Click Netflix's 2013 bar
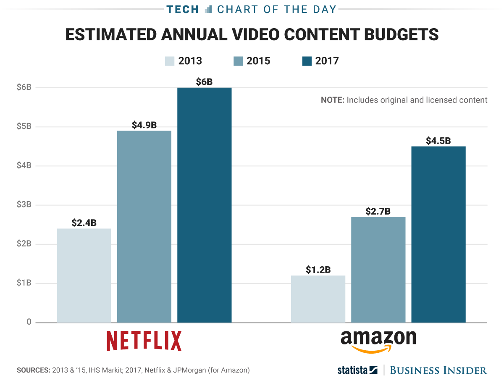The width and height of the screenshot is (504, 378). point(84,276)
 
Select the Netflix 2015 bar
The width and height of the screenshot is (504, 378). point(144,227)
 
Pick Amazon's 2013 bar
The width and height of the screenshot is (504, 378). point(318,299)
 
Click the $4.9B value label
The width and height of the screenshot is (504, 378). point(144,125)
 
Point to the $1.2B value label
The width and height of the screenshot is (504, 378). point(318,270)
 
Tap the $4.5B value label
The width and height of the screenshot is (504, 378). point(438,141)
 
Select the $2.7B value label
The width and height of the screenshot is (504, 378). point(378,211)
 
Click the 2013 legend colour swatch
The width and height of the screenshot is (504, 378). point(170,61)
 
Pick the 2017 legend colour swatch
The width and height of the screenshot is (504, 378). point(307,61)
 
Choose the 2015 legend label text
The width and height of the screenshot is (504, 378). point(259,61)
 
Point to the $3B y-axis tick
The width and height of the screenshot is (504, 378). point(24,205)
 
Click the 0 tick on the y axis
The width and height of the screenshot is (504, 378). point(29,322)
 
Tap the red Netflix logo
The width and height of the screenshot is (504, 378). point(144,341)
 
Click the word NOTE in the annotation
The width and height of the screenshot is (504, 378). point(332,100)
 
